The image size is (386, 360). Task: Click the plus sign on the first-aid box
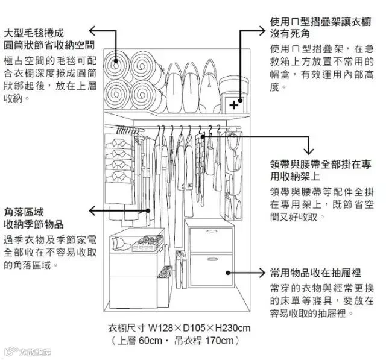[234, 104]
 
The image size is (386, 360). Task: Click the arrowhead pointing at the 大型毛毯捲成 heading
[92, 30]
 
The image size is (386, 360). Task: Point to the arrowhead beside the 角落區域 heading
[92, 210]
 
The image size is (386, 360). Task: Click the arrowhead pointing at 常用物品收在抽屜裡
[262, 273]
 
